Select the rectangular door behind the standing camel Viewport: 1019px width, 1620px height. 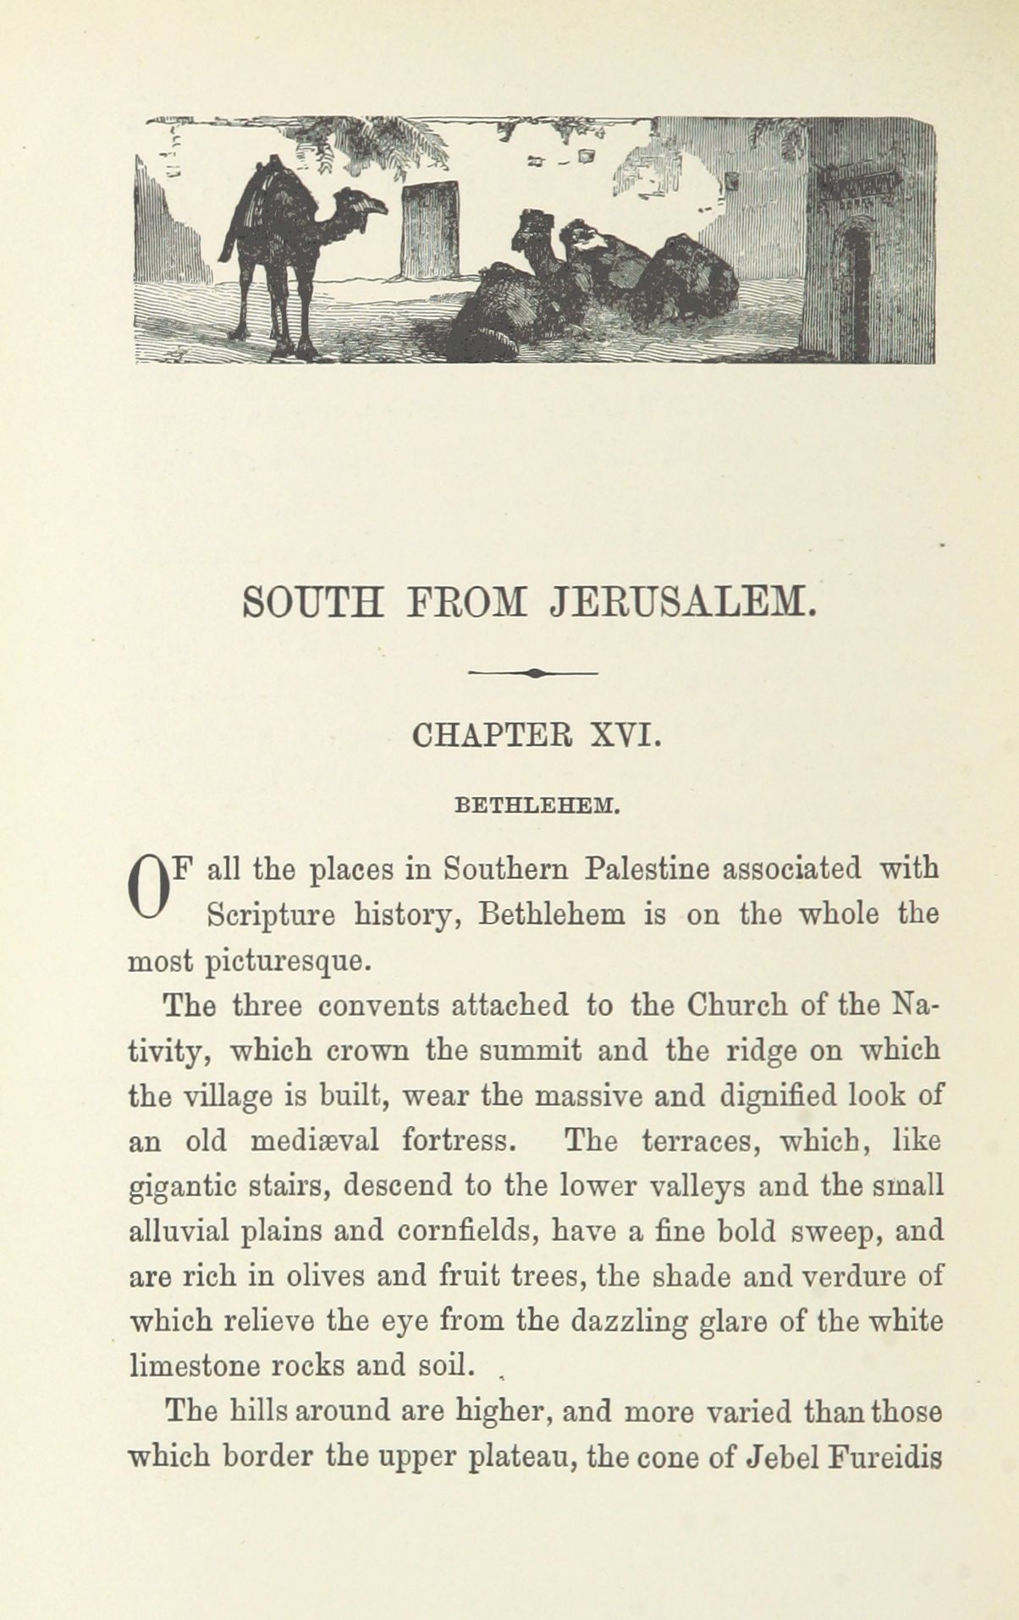pyautogui.click(x=431, y=229)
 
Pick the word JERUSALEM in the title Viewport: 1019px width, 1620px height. pyautogui.click(x=682, y=602)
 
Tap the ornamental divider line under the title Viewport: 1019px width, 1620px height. pyautogui.click(x=533, y=673)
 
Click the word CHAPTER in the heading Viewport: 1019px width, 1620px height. pyautogui.click(x=492, y=734)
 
